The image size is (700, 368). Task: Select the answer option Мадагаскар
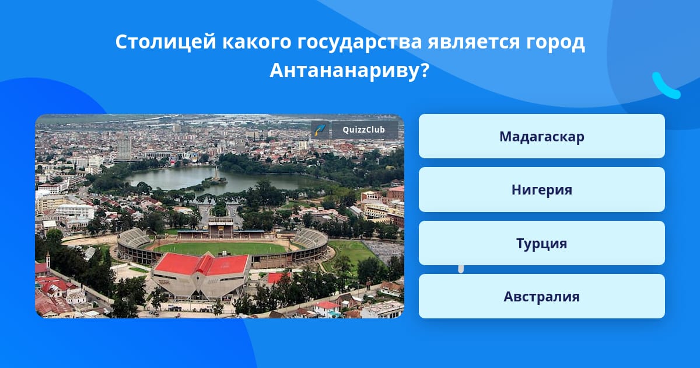(541, 137)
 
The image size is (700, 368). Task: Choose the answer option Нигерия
(541, 190)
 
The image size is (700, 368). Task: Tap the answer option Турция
(541, 243)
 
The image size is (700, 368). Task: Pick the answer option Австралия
(541, 296)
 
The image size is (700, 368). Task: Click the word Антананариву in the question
(344, 71)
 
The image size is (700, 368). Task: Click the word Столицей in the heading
(166, 41)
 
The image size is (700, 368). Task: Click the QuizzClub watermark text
(364, 130)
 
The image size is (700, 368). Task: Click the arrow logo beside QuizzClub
(320, 130)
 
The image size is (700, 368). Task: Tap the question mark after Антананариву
(423, 70)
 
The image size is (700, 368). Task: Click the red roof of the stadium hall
(202, 264)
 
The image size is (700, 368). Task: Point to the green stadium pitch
(220, 248)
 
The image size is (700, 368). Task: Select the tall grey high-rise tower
(124, 149)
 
